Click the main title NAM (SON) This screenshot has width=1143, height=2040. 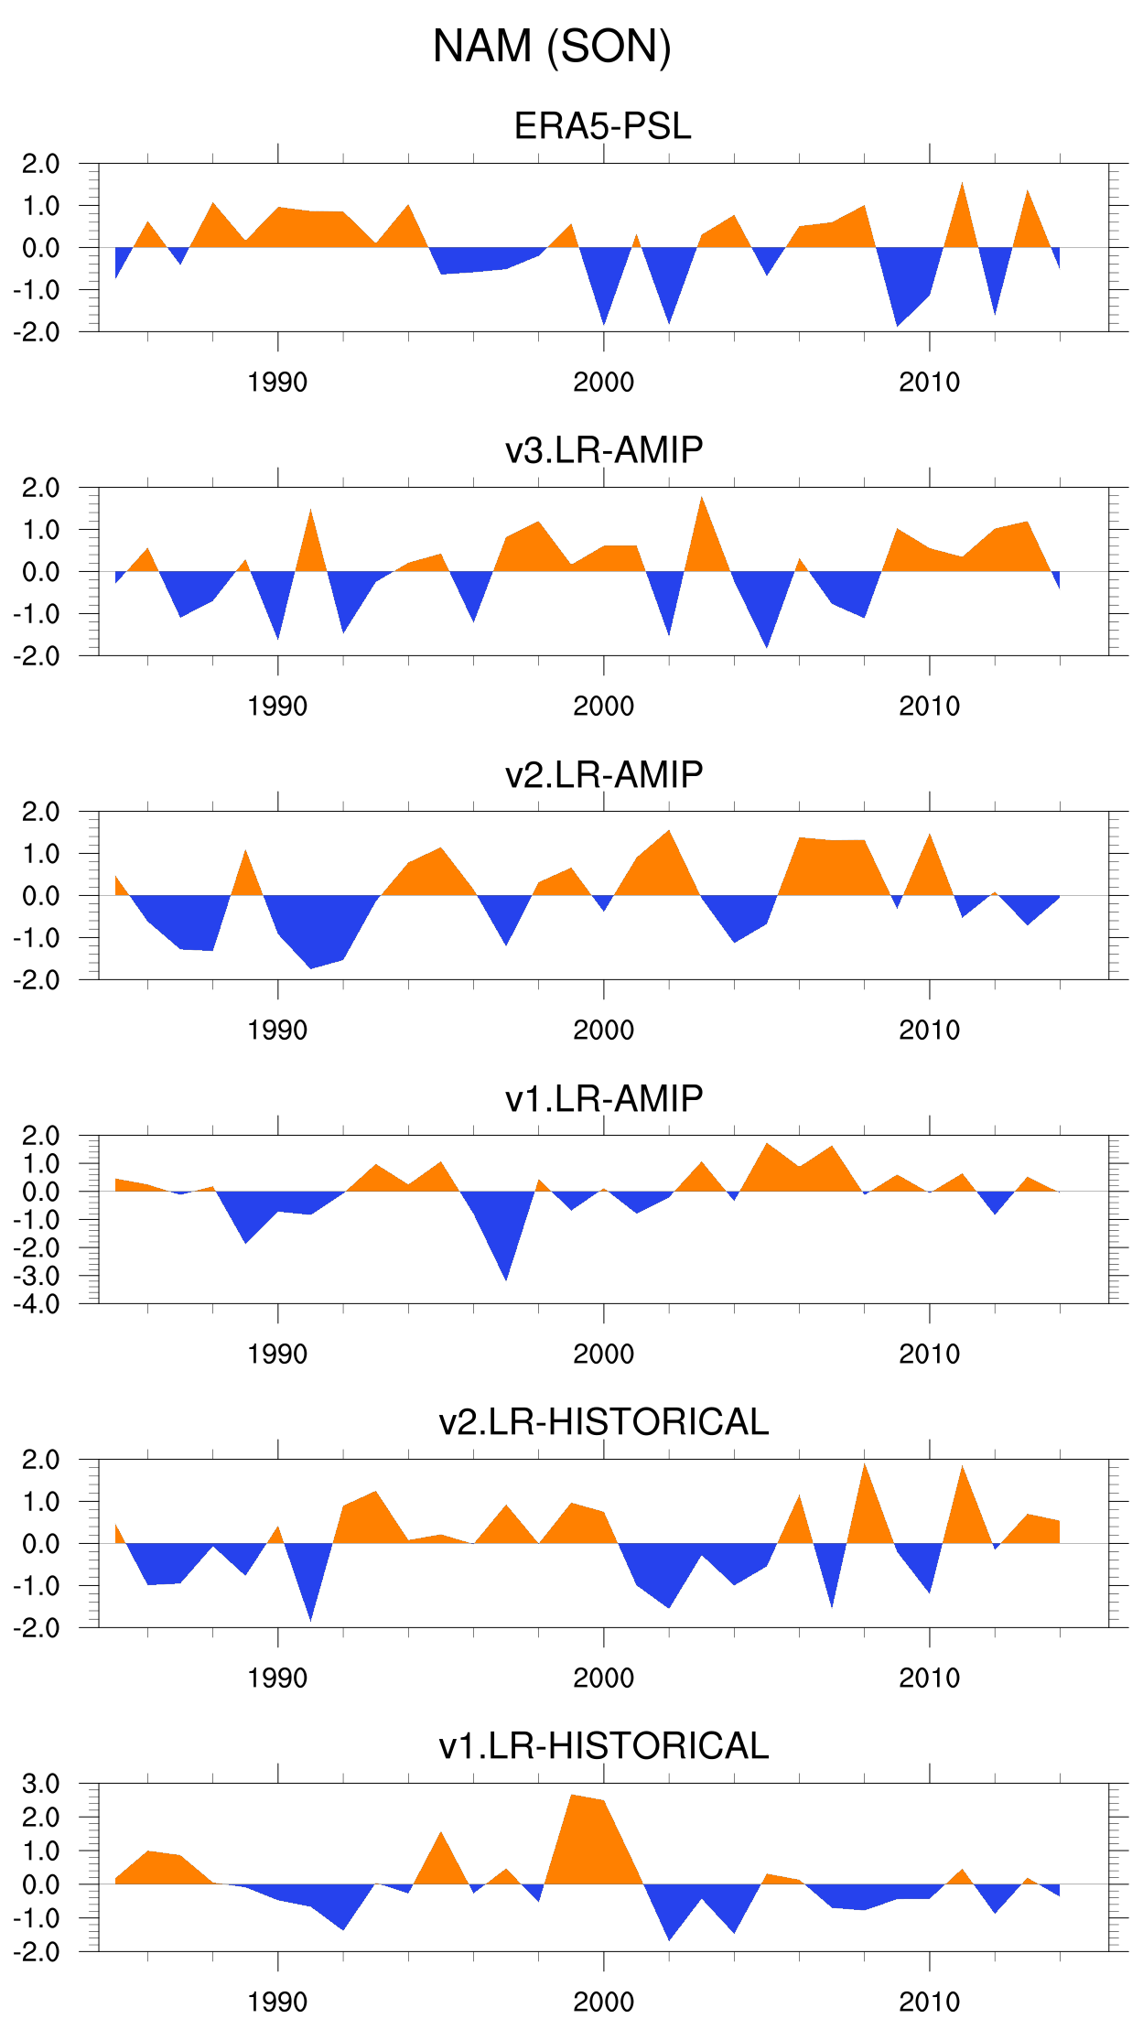(552, 47)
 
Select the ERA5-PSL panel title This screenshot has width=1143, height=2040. (602, 126)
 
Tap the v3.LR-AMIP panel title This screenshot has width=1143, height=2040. (604, 450)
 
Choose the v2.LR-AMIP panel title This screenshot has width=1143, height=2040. (604, 774)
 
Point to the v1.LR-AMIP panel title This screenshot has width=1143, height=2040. (604, 1098)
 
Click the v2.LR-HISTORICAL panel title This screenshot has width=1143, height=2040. (604, 1422)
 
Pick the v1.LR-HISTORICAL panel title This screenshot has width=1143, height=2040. (604, 1746)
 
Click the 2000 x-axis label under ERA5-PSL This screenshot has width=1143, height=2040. (603, 383)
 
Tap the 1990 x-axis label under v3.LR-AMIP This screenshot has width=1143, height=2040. (277, 707)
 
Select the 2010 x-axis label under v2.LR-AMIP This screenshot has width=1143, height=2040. (929, 1031)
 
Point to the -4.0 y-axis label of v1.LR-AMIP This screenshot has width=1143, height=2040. (36, 1304)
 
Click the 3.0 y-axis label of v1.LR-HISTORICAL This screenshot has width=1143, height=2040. (40, 1784)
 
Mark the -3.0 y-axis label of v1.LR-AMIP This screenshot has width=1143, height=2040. (36, 1276)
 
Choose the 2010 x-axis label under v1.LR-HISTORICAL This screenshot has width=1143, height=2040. (929, 2002)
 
